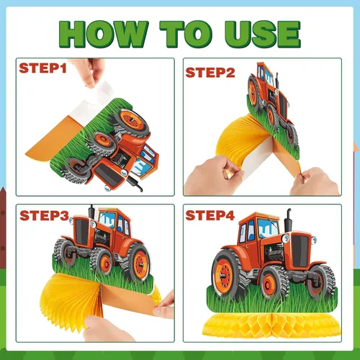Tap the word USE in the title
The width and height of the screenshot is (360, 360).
(x=262, y=34)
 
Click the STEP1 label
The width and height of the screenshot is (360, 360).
(x=42, y=68)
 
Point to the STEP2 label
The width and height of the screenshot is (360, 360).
(x=210, y=73)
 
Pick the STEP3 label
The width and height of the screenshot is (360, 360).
(x=45, y=215)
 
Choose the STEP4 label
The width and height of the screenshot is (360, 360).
(x=210, y=215)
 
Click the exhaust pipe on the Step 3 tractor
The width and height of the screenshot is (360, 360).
(x=91, y=212)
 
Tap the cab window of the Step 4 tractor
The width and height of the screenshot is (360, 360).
(x=268, y=228)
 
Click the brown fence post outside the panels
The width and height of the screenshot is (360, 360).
(x=3, y=228)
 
